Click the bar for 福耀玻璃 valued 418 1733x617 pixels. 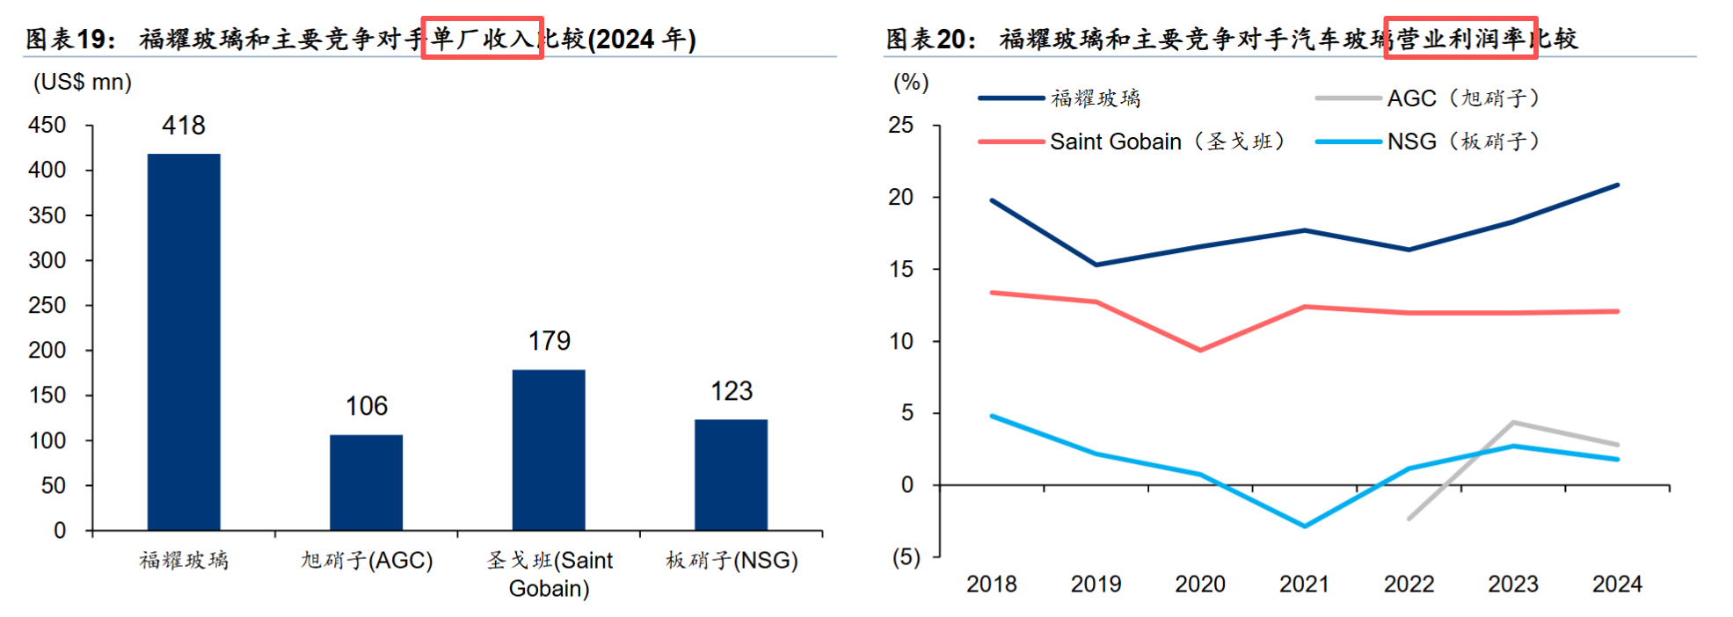click(x=184, y=342)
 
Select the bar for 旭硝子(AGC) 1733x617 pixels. click(x=366, y=483)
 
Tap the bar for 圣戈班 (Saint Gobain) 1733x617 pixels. click(x=549, y=450)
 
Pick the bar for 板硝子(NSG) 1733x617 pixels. click(x=731, y=475)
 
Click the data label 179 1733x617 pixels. click(x=550, y=341)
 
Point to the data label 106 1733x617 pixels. click(x=367, y=406)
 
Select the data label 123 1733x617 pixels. click(x=732, y=391)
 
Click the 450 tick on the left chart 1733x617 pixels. click(x=47, y=126)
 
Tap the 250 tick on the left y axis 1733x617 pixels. click(x=47, y=305)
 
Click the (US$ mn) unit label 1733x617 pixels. click(x=83, y=82)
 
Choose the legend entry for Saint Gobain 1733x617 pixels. click(x=1132, y=142)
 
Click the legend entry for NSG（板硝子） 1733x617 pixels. click(x=1429, y=142)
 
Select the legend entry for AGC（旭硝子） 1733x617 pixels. click(x=1429, y=98)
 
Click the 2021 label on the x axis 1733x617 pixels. click(x=1304, y=584)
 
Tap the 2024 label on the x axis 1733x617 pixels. click(x=1617, y=584)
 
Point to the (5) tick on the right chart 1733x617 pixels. click(x=907, y=557)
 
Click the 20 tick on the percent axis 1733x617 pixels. click(x=901, y=197)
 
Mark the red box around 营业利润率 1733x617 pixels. click(x=1460, y=38)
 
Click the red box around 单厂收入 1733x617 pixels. click(x=482, y=38)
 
